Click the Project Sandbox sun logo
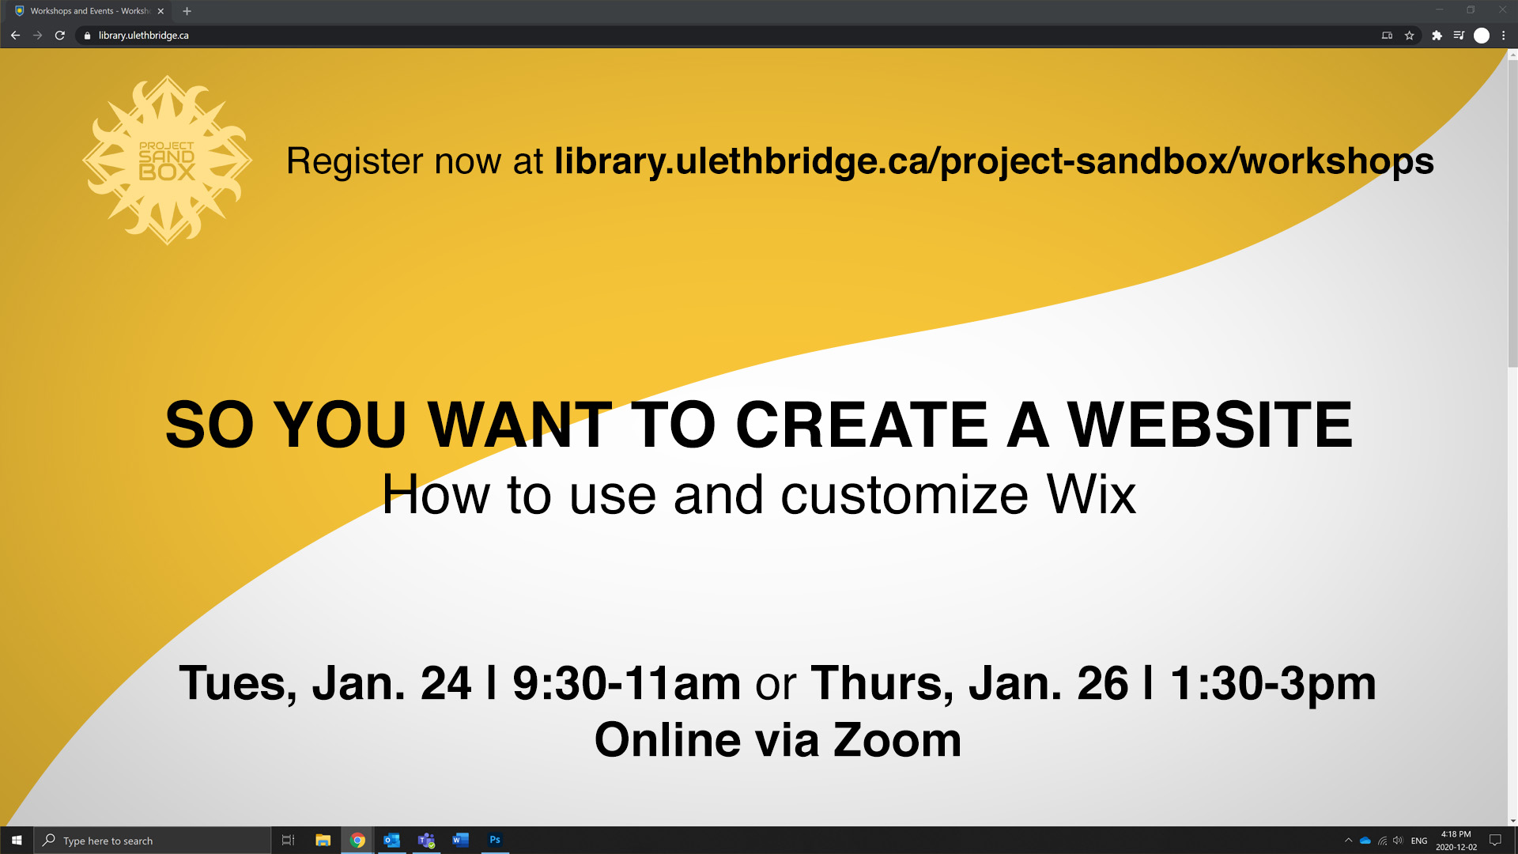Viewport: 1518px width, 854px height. (167, 161)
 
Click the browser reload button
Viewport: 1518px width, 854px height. (59, 36)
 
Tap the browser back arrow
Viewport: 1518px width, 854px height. (15, 36)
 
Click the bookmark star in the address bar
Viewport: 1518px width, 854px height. (1409, 36)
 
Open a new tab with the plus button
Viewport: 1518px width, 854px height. (187, 11)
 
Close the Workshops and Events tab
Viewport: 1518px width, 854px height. (160, 11)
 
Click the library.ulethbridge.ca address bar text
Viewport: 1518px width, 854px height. (144, 36)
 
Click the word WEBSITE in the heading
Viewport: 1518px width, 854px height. (1210, 425)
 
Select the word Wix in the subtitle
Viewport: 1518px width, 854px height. (1091, 495)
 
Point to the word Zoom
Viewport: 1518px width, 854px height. (897, 740)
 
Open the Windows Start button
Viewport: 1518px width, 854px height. (17, 841)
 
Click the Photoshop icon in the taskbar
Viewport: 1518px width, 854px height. (495, 840)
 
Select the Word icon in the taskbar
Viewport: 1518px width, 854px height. (460, 840)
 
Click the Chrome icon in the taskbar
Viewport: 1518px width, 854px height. (357, 841)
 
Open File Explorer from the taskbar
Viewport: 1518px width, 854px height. (323, 841)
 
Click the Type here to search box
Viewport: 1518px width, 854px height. (153, 841)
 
